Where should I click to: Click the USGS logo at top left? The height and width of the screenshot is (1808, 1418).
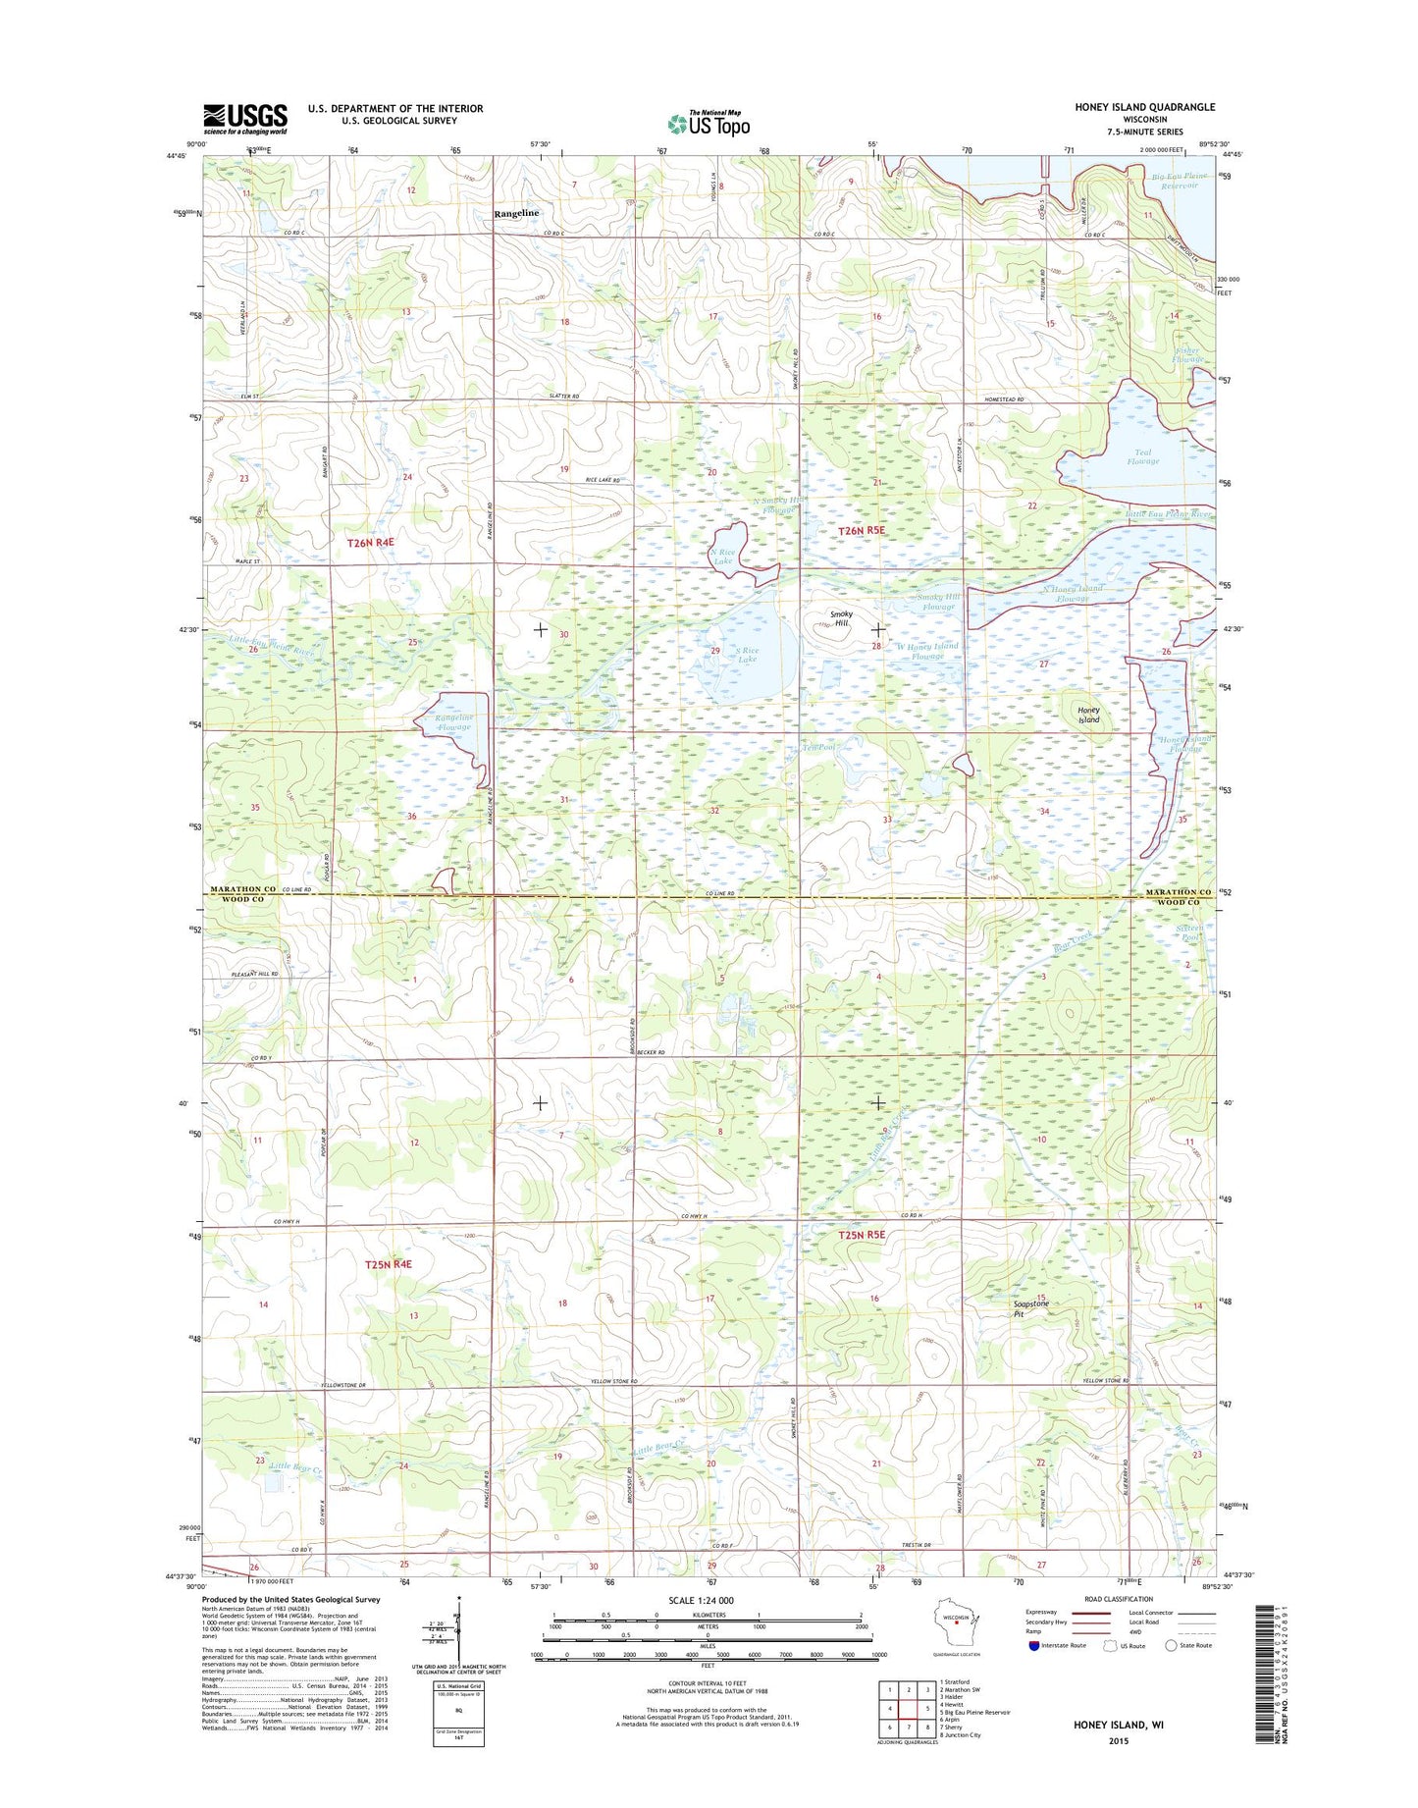click(244, 119)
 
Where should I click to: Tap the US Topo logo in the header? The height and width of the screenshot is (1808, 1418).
click(709, 124)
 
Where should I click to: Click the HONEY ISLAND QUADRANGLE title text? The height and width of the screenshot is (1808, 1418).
click(1143, 107)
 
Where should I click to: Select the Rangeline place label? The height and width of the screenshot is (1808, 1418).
click(516, 213)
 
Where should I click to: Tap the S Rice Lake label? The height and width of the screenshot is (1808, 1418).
click(747, 655)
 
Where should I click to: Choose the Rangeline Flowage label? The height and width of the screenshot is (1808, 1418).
click(454, 721)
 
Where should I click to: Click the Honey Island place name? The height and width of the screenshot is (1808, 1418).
click(1088, 715)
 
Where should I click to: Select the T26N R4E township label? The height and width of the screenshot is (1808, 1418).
click(371, 542)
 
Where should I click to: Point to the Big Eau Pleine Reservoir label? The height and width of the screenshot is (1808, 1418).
click(1179, 181)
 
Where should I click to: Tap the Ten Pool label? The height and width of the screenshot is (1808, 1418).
click(816, 748)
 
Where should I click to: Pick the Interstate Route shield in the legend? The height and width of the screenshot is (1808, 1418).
click(1033, 1646)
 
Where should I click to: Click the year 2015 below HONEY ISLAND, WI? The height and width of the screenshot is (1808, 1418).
click(1119, 1741)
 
